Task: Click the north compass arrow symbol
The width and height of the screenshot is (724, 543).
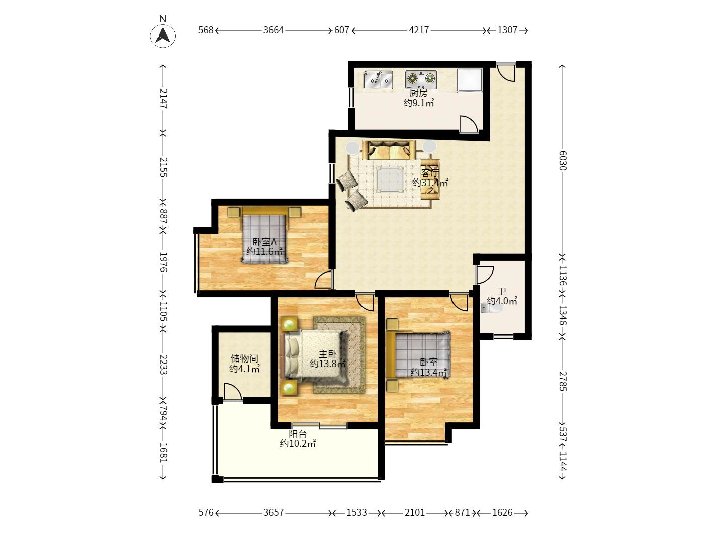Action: point(163,35)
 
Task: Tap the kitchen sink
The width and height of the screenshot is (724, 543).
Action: point(378,80)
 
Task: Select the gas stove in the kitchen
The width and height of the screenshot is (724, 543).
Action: point(421,79)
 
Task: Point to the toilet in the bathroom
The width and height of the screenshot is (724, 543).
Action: point(491,308)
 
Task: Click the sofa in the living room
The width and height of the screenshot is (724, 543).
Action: point(389,150)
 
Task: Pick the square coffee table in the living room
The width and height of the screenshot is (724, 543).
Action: point(390,179)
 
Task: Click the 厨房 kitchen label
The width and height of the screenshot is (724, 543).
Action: point(418,93)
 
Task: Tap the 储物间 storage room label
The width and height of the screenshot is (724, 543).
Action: point(244,358)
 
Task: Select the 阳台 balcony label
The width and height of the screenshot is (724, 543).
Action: point(298,434)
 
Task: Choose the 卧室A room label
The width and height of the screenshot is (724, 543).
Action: point(264,242)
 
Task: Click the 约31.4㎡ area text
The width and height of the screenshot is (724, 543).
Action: point(430,183)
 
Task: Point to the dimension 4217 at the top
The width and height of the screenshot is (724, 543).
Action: point(419,30)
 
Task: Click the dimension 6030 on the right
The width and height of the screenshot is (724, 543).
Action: point(563,160)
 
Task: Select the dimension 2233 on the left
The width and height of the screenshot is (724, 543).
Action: point(163,365)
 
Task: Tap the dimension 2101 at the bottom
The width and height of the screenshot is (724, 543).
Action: point(415,512)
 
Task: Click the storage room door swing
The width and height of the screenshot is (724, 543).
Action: point(232,392)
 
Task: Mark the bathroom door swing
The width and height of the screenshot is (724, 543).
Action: point(485,275)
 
